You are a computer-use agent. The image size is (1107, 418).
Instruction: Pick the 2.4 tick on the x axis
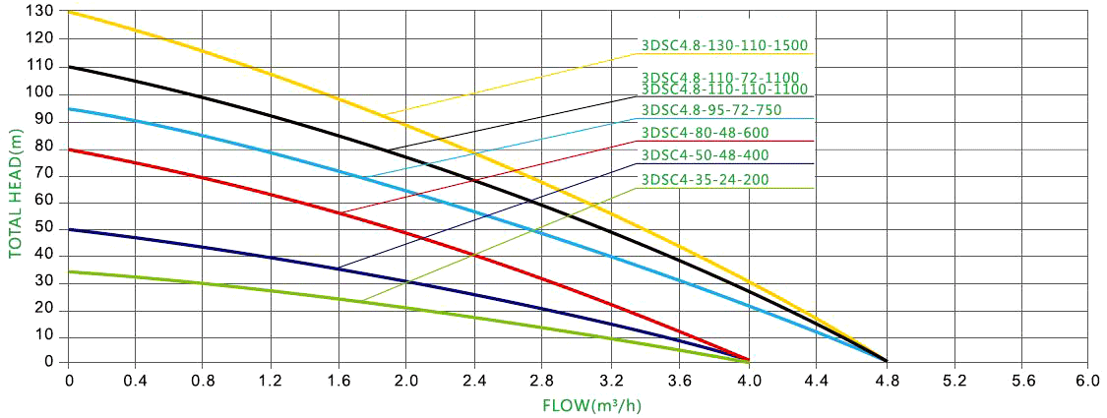476,378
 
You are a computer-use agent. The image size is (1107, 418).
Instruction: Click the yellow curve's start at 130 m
69,11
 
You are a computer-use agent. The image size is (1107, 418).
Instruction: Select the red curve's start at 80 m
69,149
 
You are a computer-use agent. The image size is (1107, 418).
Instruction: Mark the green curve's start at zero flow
69,271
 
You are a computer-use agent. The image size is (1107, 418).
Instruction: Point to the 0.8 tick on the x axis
205,378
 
